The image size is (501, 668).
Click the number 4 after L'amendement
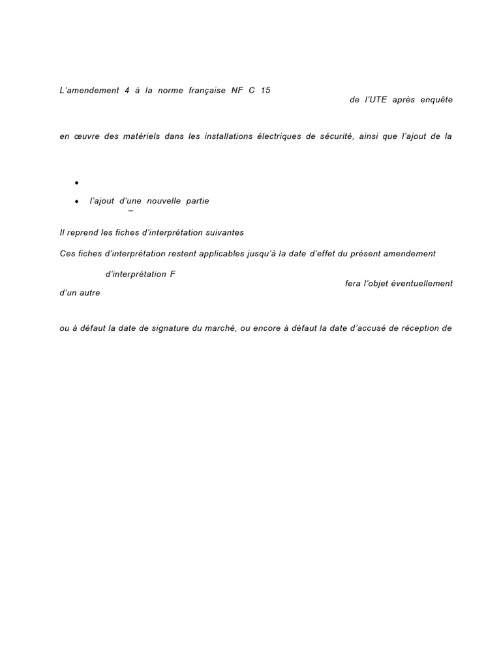click(x=126, y=91)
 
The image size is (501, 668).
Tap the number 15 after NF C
click(x=265, y=91)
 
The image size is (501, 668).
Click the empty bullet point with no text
click(x=77, y=183)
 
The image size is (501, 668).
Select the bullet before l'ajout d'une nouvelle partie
click(x=77, y=202)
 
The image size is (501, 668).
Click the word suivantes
click(x=223, y=233)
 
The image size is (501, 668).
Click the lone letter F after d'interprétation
click(x=173, y=275)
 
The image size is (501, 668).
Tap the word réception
click(x=417, y=328)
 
